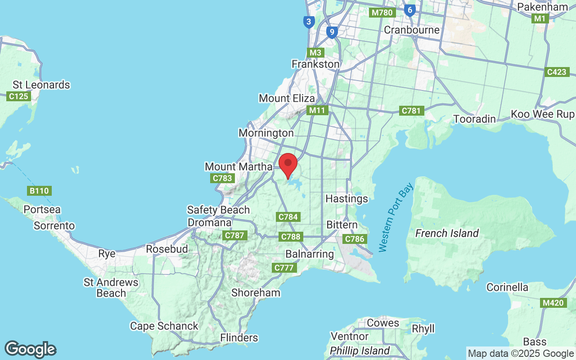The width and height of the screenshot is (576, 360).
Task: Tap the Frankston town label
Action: click(x=315, y=64)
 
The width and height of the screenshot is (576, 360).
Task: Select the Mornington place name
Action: click(x=266, y=133)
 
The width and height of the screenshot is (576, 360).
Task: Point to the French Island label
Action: click(x=447, y=233)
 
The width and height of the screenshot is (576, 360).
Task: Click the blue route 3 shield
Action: click(x=308, y=22)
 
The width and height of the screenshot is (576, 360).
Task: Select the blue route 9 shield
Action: click(x=332, y=32)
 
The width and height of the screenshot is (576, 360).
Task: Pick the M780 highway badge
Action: click(x=382, y=13)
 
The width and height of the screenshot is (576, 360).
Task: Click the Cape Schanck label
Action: click(x=164, y=326)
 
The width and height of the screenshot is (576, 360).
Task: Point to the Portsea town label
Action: click(x=42, y=210)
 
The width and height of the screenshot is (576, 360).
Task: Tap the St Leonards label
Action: click(x=41, y=85)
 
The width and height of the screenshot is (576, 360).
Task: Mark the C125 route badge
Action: click(x=18, y=96)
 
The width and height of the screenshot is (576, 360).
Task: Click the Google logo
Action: click(x=30, y=349)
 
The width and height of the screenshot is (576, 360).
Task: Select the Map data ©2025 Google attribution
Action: click(x=521, y=353)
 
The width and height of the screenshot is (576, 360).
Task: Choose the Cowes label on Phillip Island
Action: click(x=383, y=323)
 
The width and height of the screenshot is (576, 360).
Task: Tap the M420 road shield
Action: click(x=553, y=303)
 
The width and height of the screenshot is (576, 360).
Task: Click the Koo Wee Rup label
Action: click(x=543, y=114)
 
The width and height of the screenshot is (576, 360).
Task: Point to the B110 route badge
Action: click(x=40, y=191)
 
